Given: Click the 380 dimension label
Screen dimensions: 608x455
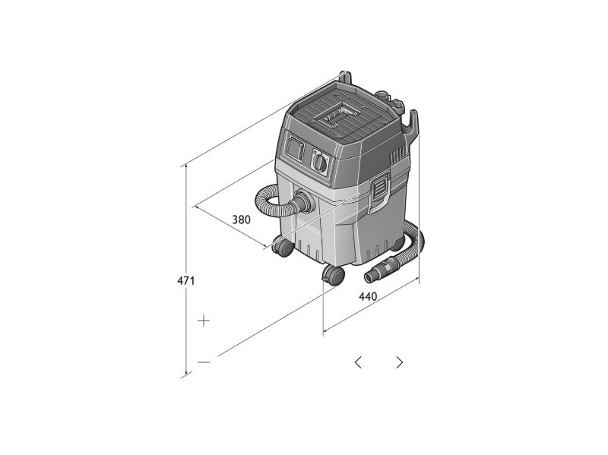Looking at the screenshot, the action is pos(241,220).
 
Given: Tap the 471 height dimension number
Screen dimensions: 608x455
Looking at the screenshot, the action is pos(185,280).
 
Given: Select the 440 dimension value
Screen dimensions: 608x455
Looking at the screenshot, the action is pos(368,296).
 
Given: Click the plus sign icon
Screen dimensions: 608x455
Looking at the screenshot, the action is pos(204,321).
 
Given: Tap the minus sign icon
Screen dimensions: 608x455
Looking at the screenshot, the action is pos(204,362).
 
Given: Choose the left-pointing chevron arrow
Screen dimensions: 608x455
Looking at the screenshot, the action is pos(358,362).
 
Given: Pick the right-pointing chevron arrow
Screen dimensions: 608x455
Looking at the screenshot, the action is pos(400,362).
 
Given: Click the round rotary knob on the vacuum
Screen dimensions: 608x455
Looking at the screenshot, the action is pos(320,162).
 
